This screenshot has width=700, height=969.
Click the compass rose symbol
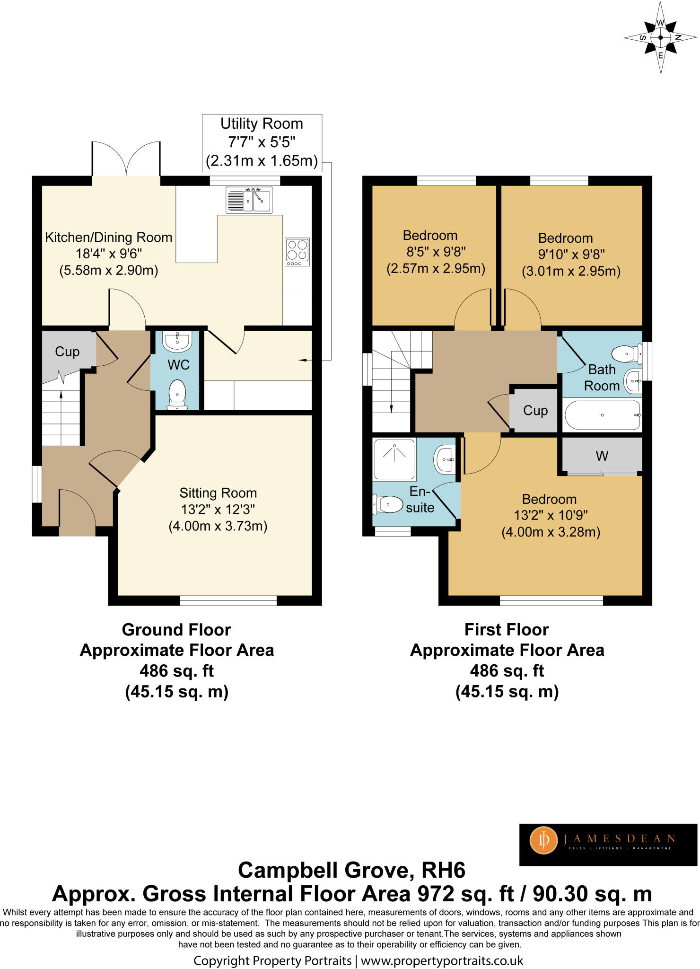tap(660, 37)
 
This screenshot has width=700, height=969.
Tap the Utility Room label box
tap(262, 142)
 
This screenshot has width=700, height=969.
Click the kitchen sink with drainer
tap(249, 200)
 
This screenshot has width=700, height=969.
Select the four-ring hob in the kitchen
tap(297, 251)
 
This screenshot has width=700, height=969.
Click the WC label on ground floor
tap(178, 365)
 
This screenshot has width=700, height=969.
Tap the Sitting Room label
tap(218, 493)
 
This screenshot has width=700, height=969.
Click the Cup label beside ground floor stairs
tap(67, 352)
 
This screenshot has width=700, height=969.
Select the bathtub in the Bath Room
tap(602, 415)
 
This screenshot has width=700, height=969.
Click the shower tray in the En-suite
tap(394, 459)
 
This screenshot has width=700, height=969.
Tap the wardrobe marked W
tap(602, 456)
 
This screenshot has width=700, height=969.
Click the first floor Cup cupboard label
tap(535, 410)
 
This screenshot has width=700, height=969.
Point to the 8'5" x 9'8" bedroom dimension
tap(436, 252)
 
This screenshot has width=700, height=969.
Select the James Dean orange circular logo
tap(543, 840)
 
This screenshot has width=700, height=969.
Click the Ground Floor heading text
tap(176, 630)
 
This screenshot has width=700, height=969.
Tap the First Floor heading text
tap(507, 630)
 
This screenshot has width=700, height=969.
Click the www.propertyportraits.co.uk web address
tap(442, 960)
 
